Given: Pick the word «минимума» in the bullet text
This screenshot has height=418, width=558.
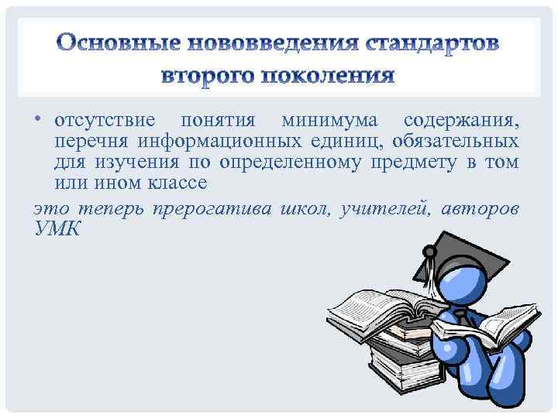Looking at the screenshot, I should pyautogui.click(x=329, y=122).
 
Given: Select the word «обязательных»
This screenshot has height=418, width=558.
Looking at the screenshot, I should pyautogui.click(x=455, y=142).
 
